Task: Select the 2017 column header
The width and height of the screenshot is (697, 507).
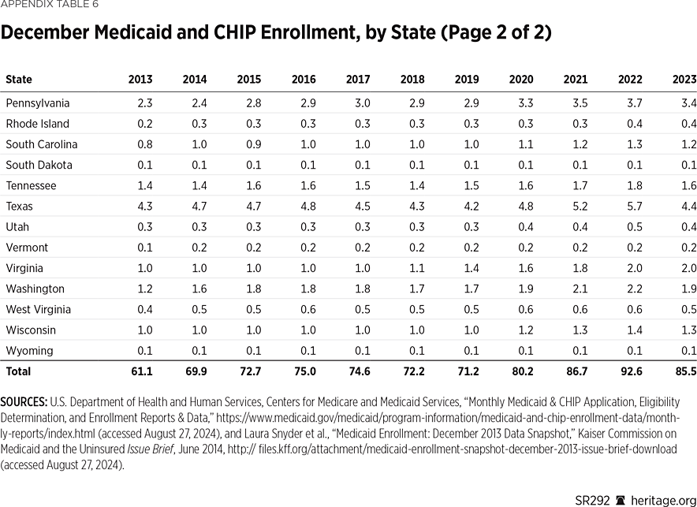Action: [x=357, y=80]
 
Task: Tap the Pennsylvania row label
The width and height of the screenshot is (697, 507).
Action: [x=38, y=103]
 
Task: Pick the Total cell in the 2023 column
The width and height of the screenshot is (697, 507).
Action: [x=684, y=371]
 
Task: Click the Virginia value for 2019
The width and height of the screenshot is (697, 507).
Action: [x=471, y=268]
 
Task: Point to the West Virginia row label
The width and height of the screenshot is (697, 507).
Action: [x=38, y=310]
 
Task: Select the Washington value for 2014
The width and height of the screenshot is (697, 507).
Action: [x=199, y=289]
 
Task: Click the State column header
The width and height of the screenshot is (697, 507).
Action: [x=19, y=80]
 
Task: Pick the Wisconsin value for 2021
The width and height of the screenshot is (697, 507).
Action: [x=580, y=330]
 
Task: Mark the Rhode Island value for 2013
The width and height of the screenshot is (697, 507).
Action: [x=144, y=124]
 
